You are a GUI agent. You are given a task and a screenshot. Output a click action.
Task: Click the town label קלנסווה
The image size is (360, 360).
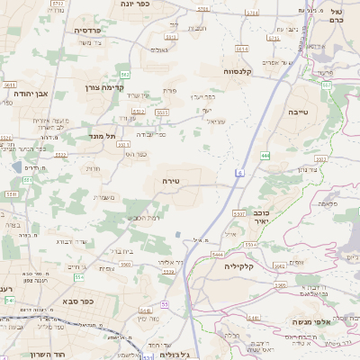tap(242, 70)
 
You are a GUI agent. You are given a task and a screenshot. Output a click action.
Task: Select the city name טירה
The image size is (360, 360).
tap(171, 181)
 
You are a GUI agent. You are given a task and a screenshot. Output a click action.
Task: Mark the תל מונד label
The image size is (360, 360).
tap(104, 136)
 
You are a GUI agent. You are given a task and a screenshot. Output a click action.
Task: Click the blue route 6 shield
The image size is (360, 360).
tap(240, 172)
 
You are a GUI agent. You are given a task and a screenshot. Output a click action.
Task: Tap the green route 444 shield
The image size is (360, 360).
tap(265, 156)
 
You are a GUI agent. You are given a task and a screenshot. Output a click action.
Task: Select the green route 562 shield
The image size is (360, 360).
tap(125, 74)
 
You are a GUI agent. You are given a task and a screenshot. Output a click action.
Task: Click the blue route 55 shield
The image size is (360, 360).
tap(165, 304)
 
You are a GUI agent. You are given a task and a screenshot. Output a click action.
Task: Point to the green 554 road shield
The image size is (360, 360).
tap(79, 277)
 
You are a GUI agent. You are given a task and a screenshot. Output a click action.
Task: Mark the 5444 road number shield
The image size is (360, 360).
tap(217, 255)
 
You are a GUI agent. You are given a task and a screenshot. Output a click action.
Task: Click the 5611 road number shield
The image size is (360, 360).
tap(9, 85)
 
